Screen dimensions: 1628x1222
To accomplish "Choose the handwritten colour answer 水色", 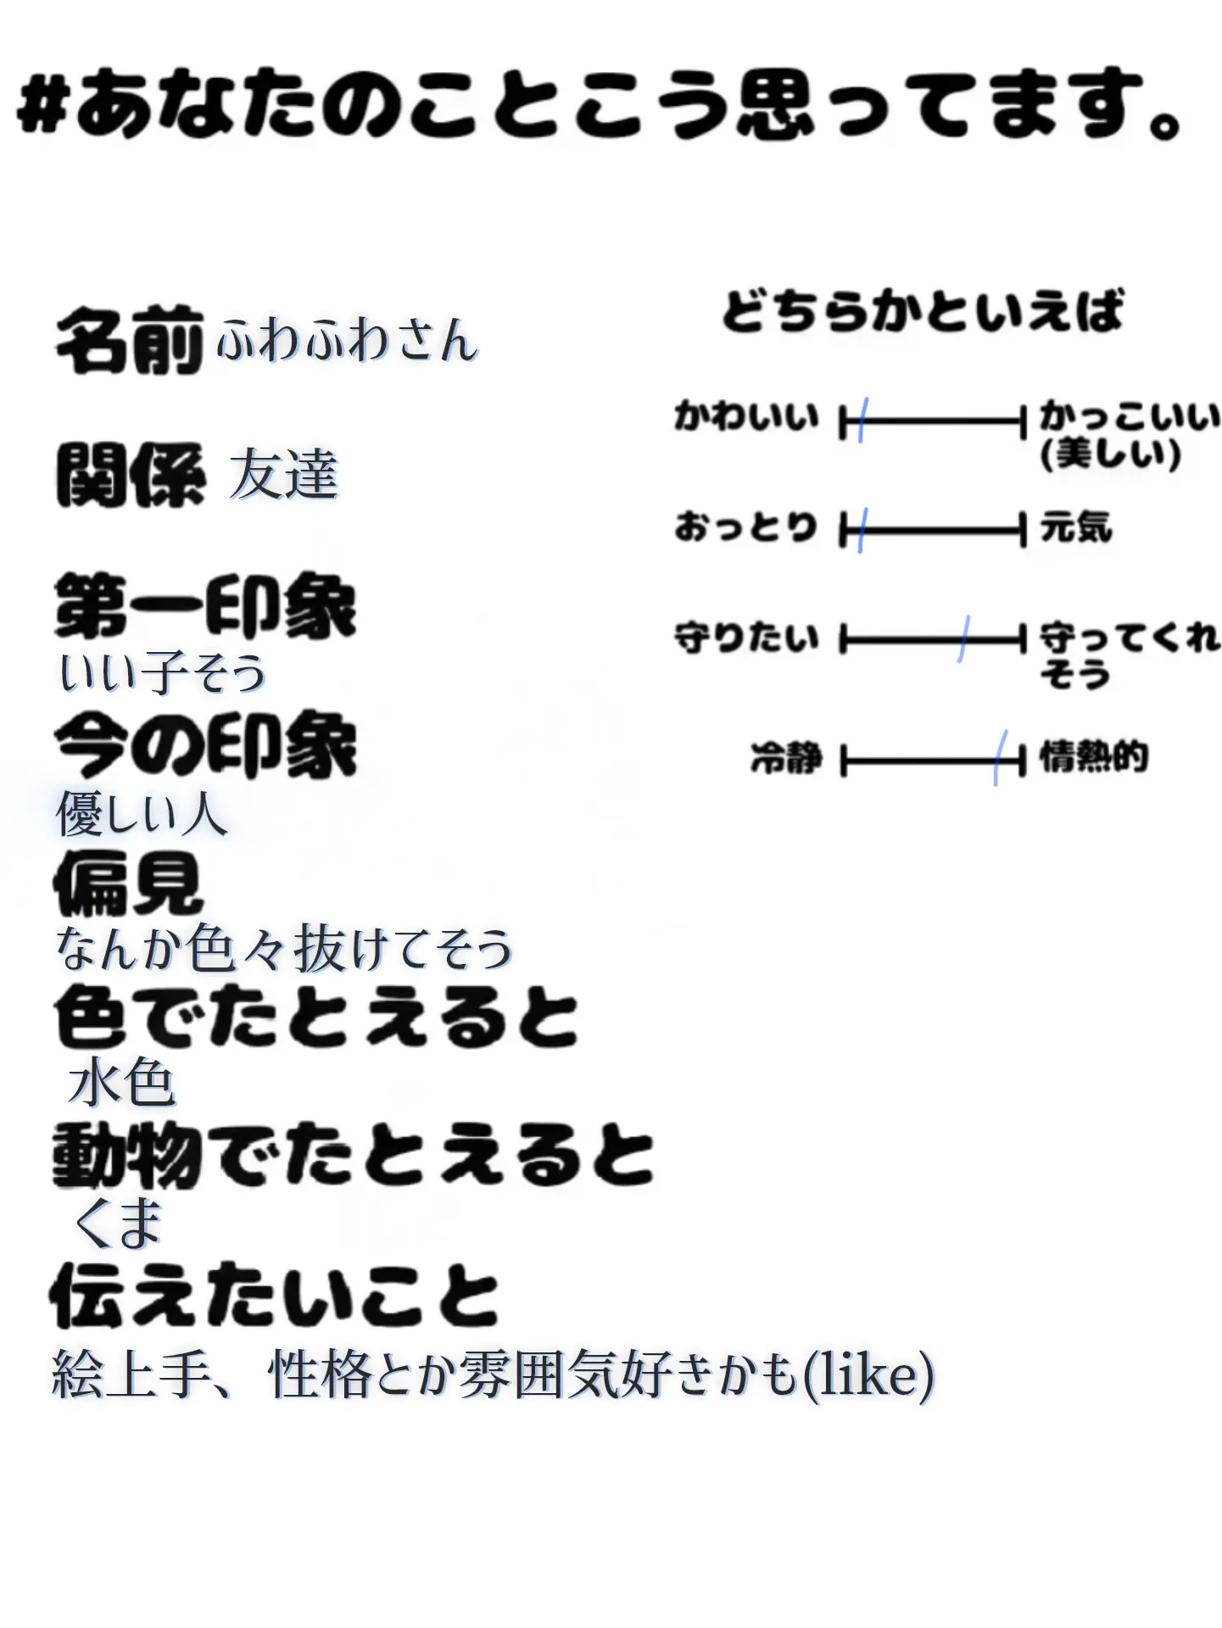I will (x=123, y=1084).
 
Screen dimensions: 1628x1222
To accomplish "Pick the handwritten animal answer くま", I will (x=119, y=1223).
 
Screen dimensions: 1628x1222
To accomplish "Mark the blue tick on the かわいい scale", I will (x=862, y=420).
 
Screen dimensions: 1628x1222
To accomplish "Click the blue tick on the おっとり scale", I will (x=862, y=531).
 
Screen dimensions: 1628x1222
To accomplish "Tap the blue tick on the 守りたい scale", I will (x=964, y=638).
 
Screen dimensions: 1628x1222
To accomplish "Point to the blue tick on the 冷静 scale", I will (x=1001, y=757).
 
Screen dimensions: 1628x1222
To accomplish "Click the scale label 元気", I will (x=1076, y=527).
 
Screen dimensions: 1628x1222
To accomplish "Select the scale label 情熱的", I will (x=1094, y=756).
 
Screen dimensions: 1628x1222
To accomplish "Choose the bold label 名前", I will (x=130, y=341).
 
